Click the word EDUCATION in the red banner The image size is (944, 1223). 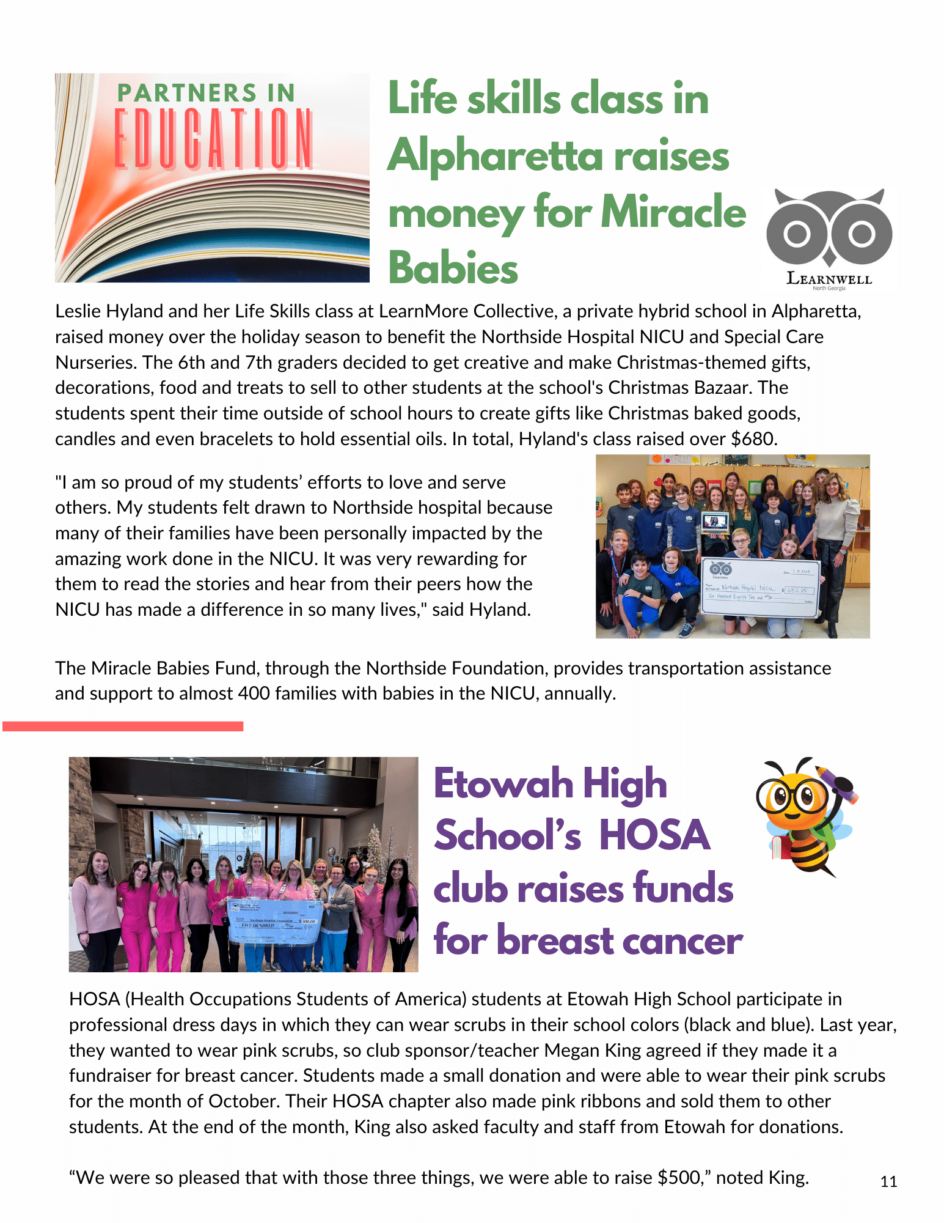pyautogui.click(x=213, y=139)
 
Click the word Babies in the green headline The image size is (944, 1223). pyautogui.click(x=453, y=268)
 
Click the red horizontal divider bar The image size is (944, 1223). pyautogui.click(x=123, y=726)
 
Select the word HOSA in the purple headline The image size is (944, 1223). pyautogui.click(x=654, y=835)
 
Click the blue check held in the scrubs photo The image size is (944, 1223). pyautogui.click(x=274, y=920)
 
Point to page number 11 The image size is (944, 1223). pyautogui.click(x=888, y=1181)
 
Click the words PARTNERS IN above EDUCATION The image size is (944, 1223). pyautogui.click(x=206, y=94)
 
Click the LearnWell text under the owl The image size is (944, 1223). pyautogui.click(x=829, y=279)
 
